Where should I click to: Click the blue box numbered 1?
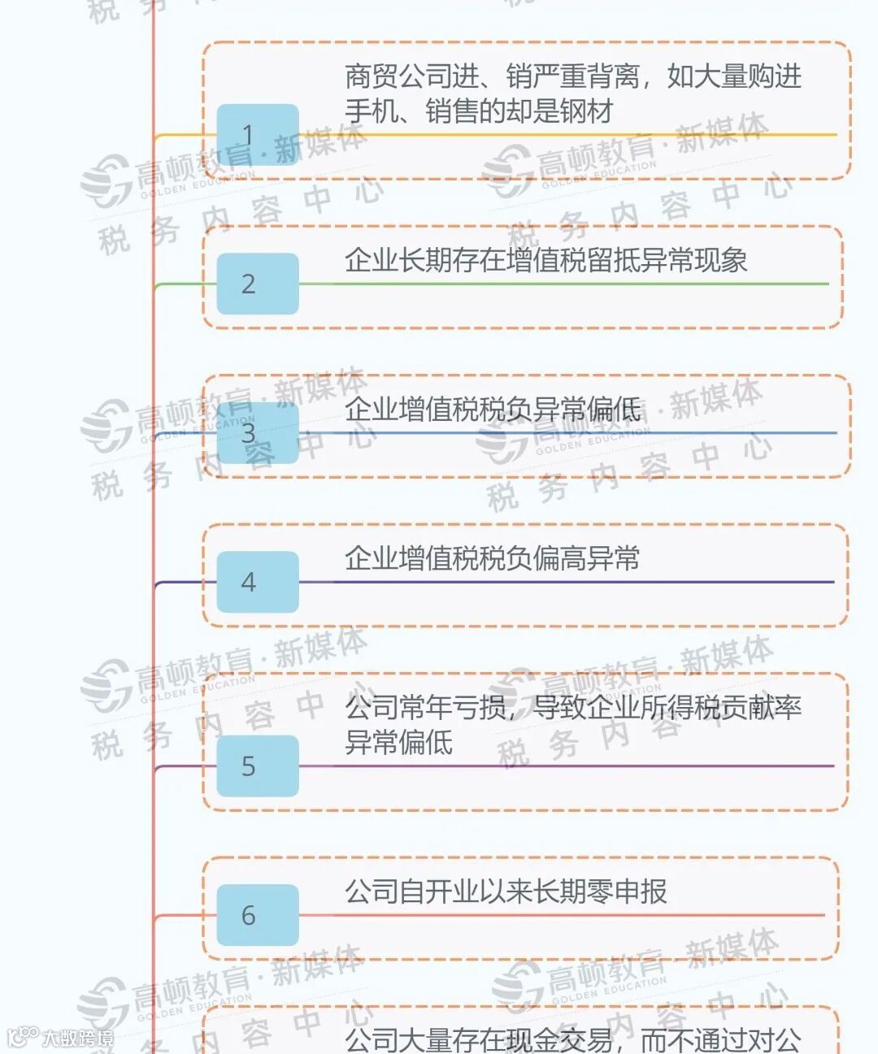click(x=257, y=135)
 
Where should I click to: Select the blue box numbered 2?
click(x=257, y=284)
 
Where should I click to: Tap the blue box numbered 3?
click(x=257, y=432)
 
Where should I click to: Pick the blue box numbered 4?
click(x=257, y=582)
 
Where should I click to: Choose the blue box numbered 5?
click(x=257, y=766)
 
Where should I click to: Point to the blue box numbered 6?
click(x=257, y=915)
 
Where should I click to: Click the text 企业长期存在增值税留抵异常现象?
click(x=545, y=260)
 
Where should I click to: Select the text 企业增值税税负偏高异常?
click(x=492, y=558)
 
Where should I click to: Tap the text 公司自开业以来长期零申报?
click(x=506, y=891)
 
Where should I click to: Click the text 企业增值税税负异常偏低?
click(x=492, y=410)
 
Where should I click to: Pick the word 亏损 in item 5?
click(x=479, y=708)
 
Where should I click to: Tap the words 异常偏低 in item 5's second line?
click(x=398, y=742)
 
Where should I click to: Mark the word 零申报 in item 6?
click(x=627, y=891)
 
